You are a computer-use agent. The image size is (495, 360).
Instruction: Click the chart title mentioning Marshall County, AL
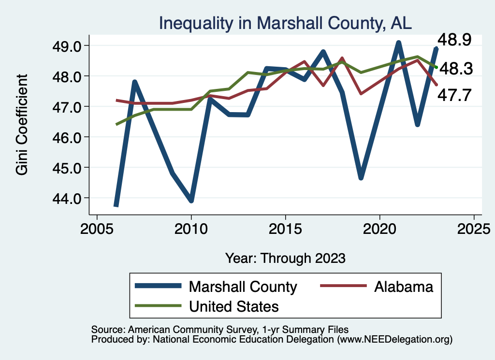point(285,23)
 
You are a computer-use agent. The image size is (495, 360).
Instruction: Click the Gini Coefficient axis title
point(22,124)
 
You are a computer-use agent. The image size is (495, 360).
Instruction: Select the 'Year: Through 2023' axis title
point(285,258)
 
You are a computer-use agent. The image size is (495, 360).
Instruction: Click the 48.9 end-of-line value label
point(454,40)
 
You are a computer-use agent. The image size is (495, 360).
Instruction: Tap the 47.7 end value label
point(454,95)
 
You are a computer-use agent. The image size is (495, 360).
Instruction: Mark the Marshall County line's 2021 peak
point(399,43)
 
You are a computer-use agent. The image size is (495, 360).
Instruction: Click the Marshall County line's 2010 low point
point(191,201)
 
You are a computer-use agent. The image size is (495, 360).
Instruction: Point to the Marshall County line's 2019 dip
point(361,178)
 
